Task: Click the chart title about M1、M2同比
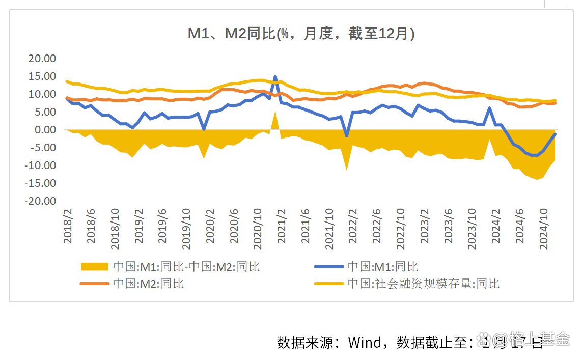tap(301, 34)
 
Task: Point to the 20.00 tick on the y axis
tap(42, 58)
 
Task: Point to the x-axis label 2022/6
tap(377, 226)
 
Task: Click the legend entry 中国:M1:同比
tap(382, 266)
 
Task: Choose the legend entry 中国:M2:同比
tap(148, 284)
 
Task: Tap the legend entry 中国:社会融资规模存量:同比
tap(423, 284)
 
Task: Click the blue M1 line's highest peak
tap(275, 77)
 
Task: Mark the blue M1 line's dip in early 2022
tap(347, 136)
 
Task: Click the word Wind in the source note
tap(364, 342)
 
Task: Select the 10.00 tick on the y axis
tap(42, 94)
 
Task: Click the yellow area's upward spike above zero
tap(275, 113)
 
